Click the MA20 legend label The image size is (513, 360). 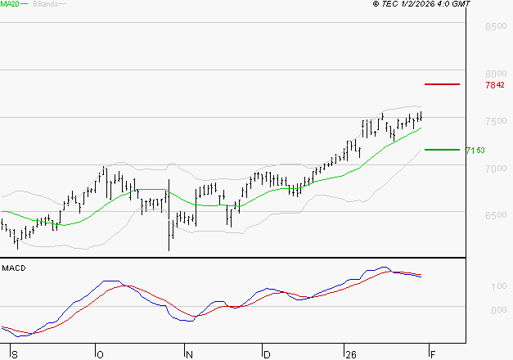pos(10,4)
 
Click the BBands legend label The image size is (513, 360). pos(44,4)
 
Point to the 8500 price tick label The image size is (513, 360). pos(496,27)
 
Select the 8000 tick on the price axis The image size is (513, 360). pos(496,73)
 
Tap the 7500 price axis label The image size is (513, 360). pos(496,121)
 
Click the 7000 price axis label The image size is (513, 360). pos(496,169)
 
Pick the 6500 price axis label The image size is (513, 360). pos(496,216)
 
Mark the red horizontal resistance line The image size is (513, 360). pos(442,84)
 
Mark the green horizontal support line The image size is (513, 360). pos(442,149)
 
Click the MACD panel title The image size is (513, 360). pos(12,268)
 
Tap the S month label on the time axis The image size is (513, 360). pos(15,354)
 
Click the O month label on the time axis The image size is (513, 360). pos(101,354)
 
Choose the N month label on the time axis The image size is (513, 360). pos(189,354)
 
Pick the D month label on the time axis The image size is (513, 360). pos(266,354)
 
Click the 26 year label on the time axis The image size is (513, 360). pos(349,354)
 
